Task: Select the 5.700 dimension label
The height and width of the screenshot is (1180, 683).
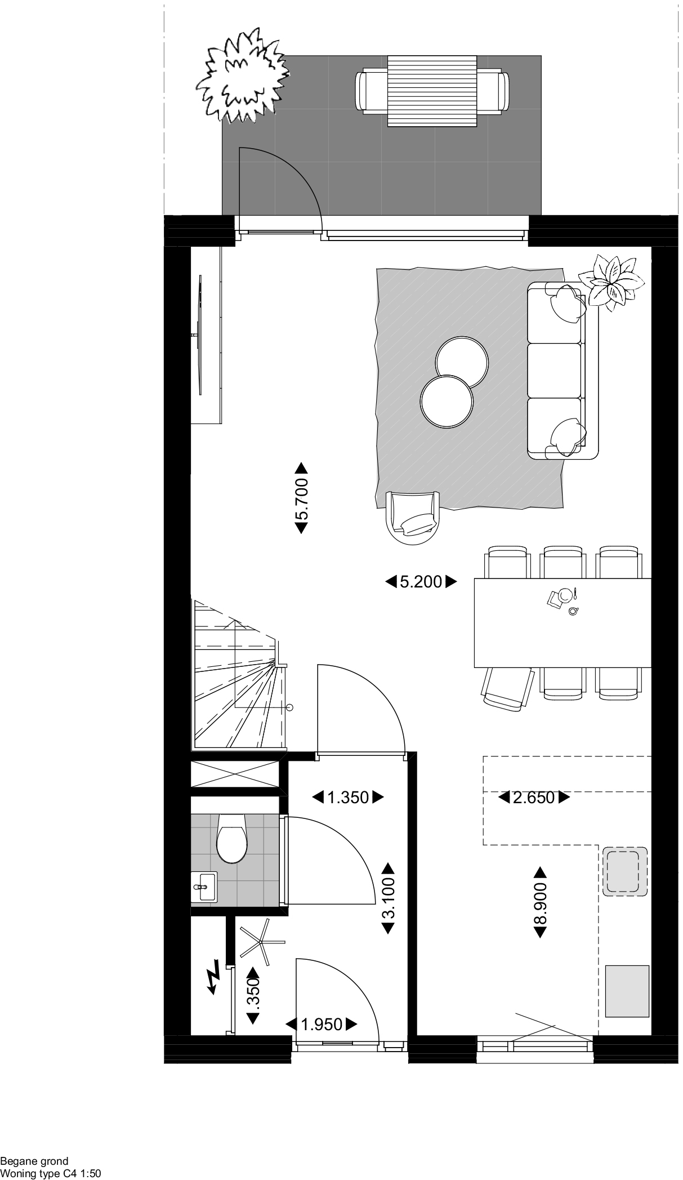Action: (301, 498)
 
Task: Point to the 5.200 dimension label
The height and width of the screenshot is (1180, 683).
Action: (421, 581)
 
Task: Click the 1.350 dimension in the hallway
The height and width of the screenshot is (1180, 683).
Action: (348, 797)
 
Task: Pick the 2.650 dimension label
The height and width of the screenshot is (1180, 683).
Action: (534, 797)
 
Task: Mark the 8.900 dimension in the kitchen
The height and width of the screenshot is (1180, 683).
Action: (540, 902)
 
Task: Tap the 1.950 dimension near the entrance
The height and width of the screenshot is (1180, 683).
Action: (322, 1024)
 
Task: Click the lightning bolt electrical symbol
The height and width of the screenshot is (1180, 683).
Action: (213, 981)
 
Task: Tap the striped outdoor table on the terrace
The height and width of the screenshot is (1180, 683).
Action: (432, 91)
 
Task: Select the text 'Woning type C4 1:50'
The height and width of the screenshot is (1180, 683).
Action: (51, 1174)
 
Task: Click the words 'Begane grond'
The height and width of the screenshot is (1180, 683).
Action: (34, 1161)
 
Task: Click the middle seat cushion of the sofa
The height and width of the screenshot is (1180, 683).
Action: (554, 370)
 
